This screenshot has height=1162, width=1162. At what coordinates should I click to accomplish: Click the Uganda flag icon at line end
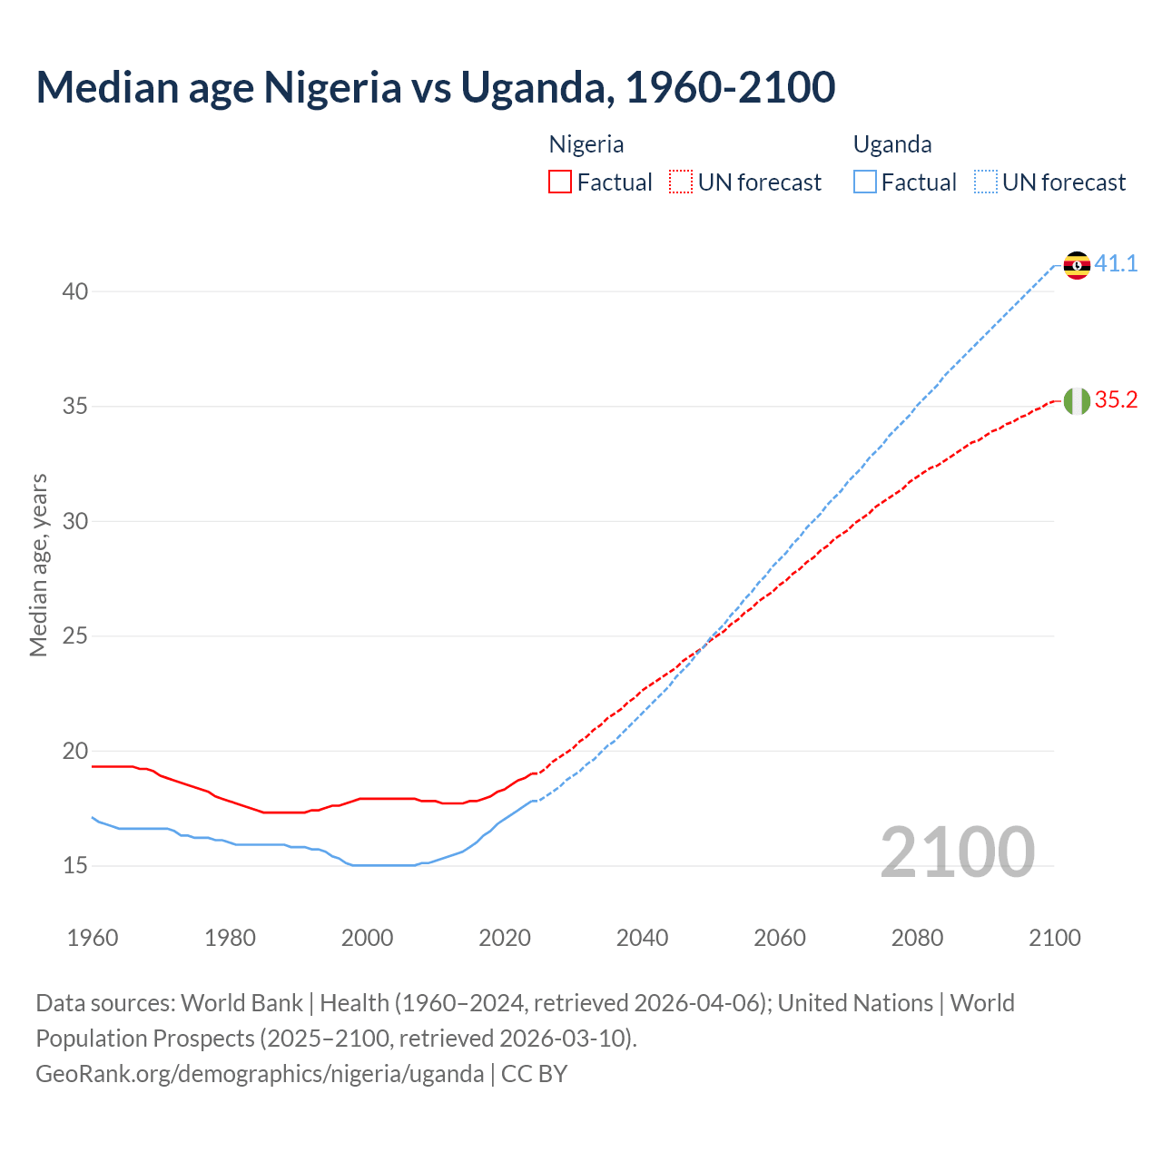pyautogui.click(x=1077, y=265)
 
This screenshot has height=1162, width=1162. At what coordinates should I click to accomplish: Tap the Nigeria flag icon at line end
pyautogui.click(x=1077, y=400)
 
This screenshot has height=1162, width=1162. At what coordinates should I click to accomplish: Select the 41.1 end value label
pyautogui.click(x=1116, y=264)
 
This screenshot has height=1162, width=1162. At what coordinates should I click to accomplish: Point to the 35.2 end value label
pyautogui.click(x=1116, y=400)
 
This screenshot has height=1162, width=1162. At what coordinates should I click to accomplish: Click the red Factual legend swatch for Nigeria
pyautogui.click(x=560, y=182)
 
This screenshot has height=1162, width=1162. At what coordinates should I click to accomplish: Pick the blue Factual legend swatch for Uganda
pyautogui.click(x=865, y=182)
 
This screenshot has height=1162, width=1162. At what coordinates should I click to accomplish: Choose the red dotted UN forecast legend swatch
pyautogui.click(x=681, y=182)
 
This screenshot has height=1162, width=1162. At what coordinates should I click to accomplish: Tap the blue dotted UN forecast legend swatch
pyautogui.click(x=986, y=182)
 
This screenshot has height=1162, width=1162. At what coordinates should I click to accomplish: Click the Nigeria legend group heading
pyautogui.click(x=586, y=144)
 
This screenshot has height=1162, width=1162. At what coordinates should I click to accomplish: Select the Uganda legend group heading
pyautogui.click(x=892, y=144)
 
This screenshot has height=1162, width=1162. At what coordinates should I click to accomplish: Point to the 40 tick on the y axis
pyautogui.click(x=75, y=291)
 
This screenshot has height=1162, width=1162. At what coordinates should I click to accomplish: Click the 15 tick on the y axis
pyautogui.click(x=75, y=866)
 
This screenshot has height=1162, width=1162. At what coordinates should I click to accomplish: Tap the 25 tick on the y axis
pyautogui.click(x=75, y=636)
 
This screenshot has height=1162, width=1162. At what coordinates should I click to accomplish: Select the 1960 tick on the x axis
pyautogui.click(x=93, y=938)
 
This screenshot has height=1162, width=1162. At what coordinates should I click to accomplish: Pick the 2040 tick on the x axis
pyautogui.click(x=643, y=938)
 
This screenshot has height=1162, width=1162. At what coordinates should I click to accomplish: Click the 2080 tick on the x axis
pyautogui.click(x=917, y=938)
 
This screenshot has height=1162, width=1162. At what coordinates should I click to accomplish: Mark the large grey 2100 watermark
pyautogui.click(x=957, y=852)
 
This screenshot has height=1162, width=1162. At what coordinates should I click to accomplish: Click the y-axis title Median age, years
pyautogui.click(x=38, y=565)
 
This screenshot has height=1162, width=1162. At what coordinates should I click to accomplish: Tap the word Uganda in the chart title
pyautogui.click(x=534, y=87)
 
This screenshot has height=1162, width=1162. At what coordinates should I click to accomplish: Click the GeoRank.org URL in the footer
pyautogui.click(x=260, y=1074)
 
